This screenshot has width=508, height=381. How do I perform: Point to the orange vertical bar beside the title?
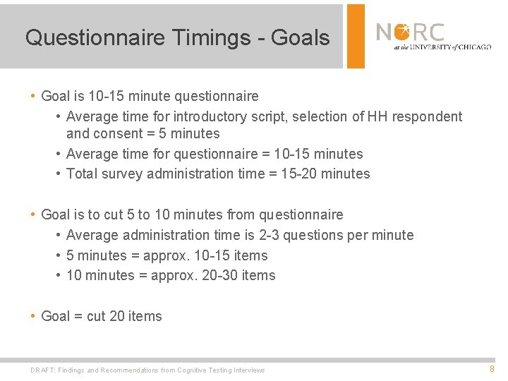click(356, 36)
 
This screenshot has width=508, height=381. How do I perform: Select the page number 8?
click(492, 368)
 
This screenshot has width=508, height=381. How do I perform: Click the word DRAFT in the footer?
click(43, 370)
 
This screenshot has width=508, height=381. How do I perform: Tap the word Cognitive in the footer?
click(192, 370)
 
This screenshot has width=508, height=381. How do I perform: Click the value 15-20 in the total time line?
click(298, 174)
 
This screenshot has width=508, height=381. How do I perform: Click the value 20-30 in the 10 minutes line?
click(217, 275)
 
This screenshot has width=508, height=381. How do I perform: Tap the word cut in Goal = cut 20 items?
click(96, 316)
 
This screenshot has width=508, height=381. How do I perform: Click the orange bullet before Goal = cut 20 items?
click(33, 316)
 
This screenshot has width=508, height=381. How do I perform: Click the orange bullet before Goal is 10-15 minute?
click(33, 96)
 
